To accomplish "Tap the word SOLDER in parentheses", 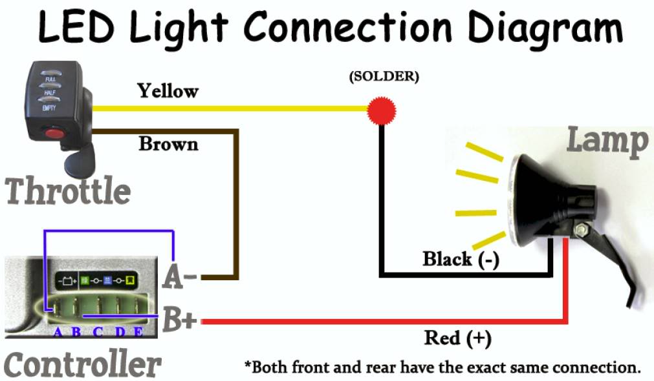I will [x=384, y=76].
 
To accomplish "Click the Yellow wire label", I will [x=168, y=91].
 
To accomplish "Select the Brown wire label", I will [x=168, y=143].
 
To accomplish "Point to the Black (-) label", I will [x=461, y=260].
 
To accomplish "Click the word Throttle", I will [x=68, y=191].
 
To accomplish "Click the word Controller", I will [x=82, y=365].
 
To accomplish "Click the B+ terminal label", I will [x=179, y=319].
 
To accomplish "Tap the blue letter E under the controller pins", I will [x=138, y=332].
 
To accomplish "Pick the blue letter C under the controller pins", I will [x=98, y=332].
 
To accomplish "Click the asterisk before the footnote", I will [x=248, y=366].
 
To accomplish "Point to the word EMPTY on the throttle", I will [x=49, y=110].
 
